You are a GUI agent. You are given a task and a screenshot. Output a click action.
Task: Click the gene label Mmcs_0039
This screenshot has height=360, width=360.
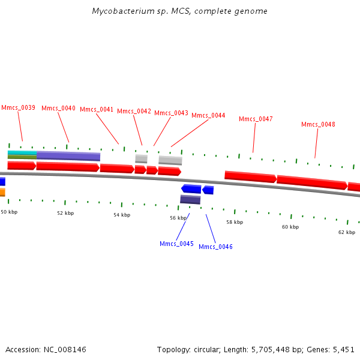pos(18,108)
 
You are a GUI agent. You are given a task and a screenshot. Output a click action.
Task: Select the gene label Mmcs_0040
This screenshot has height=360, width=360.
pos(58,108)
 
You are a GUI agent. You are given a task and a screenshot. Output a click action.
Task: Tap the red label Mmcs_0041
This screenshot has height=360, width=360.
pos(97,109)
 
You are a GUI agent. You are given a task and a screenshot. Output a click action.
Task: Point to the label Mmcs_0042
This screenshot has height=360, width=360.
pos(134,111)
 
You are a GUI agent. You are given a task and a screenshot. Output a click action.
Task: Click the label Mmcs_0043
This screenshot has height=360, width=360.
pos(171,113)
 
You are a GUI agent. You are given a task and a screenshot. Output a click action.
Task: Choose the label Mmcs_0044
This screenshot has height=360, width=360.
pos(208,115)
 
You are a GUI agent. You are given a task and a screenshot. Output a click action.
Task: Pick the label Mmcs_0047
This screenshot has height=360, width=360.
pos(256,119)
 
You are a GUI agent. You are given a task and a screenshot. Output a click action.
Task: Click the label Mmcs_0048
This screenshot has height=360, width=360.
pos(318,124)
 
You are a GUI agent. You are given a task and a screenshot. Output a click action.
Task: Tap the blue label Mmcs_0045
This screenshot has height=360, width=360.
pos(176,244)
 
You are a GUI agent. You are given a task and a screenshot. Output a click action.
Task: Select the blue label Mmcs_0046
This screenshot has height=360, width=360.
pos(215,247)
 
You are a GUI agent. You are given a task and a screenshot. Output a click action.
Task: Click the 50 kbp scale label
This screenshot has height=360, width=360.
pos(8,212)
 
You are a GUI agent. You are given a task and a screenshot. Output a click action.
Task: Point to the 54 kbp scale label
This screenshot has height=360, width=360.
pos(122,215)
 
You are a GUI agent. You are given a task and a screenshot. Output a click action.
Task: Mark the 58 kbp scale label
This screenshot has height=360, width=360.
pos(235,222)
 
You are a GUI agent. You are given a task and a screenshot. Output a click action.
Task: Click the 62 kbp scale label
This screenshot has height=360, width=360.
pos(346,232)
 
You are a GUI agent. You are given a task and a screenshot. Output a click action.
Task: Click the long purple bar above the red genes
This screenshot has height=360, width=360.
pos(68,156)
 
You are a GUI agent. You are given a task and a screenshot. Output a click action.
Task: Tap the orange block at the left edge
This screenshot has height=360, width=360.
pos(2,192)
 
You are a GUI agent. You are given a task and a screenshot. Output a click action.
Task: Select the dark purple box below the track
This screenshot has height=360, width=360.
pos(190,200)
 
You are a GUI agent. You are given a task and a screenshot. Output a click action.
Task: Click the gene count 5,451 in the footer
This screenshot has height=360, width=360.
pos(344,349)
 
